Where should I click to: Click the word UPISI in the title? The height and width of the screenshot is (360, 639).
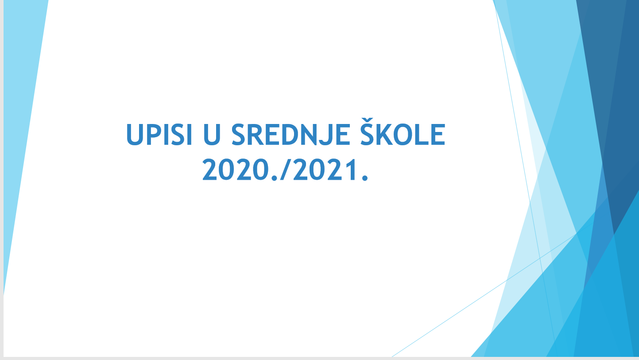pyautogui.click(x=159, y=135)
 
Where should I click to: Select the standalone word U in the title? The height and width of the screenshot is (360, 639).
pyautogui.click(x=212, y=135)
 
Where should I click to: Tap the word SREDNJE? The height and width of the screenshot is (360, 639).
pyautogui.click(x=290, y=135)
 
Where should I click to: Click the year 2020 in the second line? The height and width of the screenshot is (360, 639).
pyautogui.click(x=235, y=170)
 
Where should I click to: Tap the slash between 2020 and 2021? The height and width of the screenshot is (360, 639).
pyautogui.click(x=286, y=170)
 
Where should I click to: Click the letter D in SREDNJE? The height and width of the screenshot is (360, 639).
pyautogui.click(x=289, y=135)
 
